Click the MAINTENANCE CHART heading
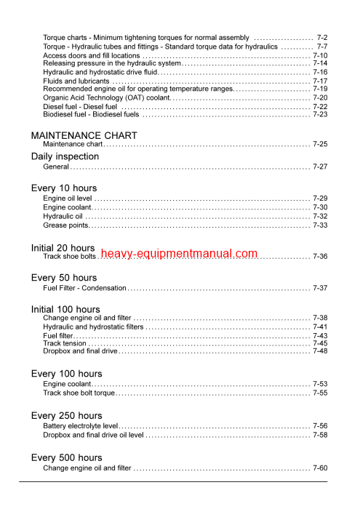pyautogui.click(x=84, y=135)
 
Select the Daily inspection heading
pyautogui.click(x=65, y=156)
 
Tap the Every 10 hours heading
pyautogui.click(x=64, y=188)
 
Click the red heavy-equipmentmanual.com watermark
pyautogui.click(x=179, y=254)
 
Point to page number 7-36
pyautogui.click(x=320, y=257)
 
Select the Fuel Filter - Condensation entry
pyautogui.click(x=84, y=289)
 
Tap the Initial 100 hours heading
pyautogui.click(x=65, y=309)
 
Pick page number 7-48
pyautogui.click(x=320, y=351)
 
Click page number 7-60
pyautogui.click(x=320, y=468)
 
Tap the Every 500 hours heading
pyautogui.click(x=67, y=457)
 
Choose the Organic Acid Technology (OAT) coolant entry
pyautogui.click(x=106, y=97)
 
